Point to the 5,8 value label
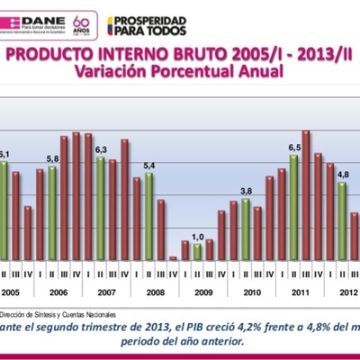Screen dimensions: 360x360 [52, 159]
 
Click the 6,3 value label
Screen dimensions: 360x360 [101, 148]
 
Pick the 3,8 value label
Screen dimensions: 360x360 [246, 192]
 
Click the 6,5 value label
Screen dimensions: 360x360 [294, 147]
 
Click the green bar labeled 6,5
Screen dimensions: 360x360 [294, 207]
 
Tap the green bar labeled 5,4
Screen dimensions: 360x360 [149, 216]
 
